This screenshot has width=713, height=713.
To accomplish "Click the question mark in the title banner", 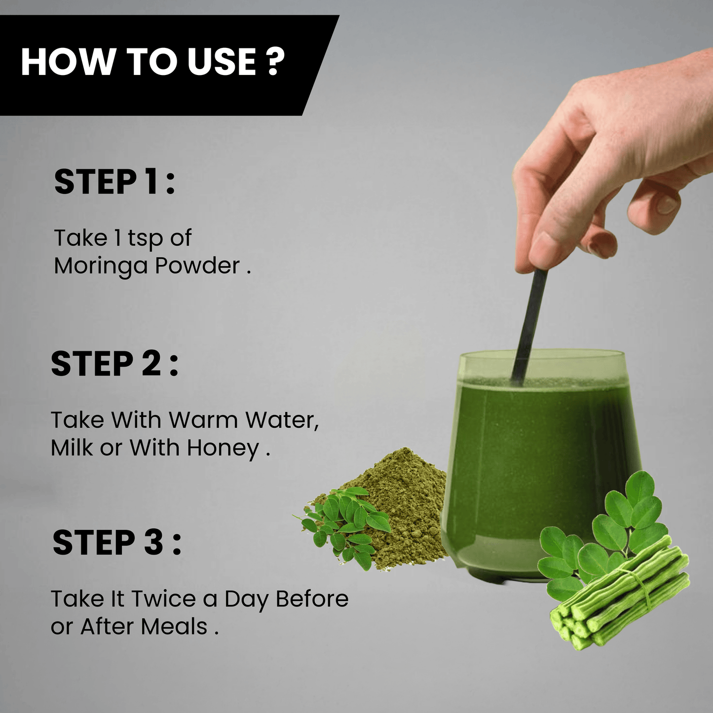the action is click(x=275, y=61).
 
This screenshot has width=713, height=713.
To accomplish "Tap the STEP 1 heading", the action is click(x=114, y=182).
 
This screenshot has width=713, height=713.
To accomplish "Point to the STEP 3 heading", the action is click(x=117, y=542).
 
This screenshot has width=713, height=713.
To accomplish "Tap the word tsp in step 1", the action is click(x=145, y=239).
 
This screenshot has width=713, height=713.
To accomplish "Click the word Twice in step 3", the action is click(x=163, y=599).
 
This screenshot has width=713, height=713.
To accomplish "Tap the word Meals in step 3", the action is click(x=174, y=627).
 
